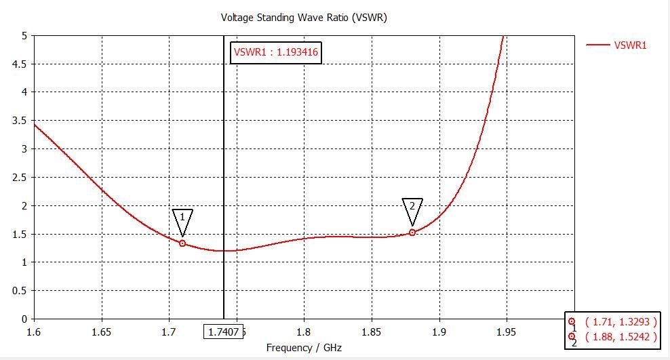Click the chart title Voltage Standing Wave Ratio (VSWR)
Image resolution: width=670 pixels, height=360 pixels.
click(304, 18)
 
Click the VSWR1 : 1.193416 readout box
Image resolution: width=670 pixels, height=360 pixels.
click(275, 52)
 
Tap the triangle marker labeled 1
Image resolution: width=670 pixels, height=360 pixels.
click(182, 220)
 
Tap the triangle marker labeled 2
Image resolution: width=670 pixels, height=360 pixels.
click(412, 210)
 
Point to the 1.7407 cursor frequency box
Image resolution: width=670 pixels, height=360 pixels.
click(224, 332)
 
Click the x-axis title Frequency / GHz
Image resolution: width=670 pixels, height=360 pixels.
click(304, 348)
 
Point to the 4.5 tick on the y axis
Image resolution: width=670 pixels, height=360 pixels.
click(20, 64)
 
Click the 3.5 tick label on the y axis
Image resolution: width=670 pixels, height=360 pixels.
click(20, 121)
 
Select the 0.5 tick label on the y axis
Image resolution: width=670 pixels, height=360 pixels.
click(20, 291)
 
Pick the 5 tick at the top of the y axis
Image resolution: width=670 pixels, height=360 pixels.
click(24, 35)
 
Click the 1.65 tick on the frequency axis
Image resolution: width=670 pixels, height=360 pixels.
click(102, 332)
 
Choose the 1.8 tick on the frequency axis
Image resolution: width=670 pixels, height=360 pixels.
click(304, 332)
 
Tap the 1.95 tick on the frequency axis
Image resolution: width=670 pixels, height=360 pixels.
click(507, 332)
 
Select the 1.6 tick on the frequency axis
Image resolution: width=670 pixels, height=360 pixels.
click(34, 332)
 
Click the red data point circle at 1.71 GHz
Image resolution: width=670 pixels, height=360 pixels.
click(182, 243)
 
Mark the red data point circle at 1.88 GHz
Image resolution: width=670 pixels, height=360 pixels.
click(412, 233)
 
